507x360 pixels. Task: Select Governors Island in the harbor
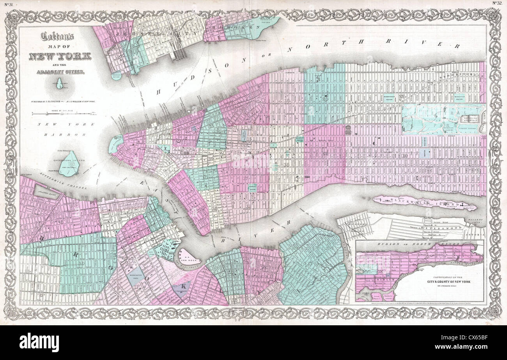69,163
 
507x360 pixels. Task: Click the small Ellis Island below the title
60,83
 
